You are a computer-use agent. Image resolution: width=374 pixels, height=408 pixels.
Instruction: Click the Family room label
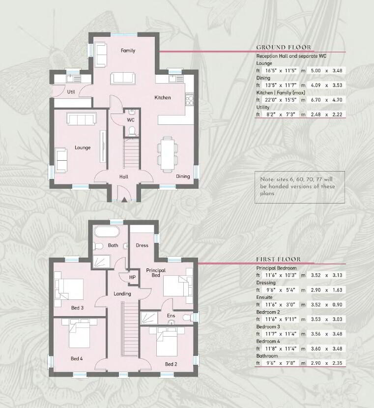click(128, 51)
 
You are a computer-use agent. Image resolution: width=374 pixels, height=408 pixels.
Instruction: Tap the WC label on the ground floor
click(131, 120)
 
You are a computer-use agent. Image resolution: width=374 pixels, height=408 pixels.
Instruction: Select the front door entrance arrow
click(124, 200)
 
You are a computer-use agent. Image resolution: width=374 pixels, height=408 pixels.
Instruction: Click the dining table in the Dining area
click(167, 154)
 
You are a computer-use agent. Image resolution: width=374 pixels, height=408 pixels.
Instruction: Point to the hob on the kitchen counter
click(190, 99)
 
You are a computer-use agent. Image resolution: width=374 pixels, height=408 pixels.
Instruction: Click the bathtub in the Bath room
click(107, 232)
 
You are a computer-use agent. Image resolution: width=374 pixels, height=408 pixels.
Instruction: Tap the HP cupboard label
click(132, 277)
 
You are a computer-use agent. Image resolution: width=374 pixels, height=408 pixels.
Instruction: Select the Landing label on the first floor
click(122, 294)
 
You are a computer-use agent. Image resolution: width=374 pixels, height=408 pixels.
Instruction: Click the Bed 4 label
click(77, 358)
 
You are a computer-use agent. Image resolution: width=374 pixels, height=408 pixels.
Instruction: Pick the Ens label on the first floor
click(171, 316)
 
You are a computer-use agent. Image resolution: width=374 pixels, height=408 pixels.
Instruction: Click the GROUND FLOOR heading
click(284, 47)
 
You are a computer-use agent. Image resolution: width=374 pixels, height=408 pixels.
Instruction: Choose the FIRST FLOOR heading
click(278, 259)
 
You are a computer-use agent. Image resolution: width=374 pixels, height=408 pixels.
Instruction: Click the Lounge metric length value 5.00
click(316, 70)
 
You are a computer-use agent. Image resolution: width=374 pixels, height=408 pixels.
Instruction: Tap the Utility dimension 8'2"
click(270, 115)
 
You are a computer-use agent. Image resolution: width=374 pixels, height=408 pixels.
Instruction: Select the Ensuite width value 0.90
click(337, 305)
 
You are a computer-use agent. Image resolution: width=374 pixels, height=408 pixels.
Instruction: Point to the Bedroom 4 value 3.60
click(316, 349)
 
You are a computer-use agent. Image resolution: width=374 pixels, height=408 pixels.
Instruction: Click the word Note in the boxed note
click(267, 179)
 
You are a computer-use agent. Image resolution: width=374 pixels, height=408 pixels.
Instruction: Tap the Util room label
click(71, 92)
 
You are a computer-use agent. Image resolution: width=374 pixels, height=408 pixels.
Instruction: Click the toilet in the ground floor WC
click(132, 131)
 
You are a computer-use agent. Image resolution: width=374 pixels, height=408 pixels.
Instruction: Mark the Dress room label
click(142, 245)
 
